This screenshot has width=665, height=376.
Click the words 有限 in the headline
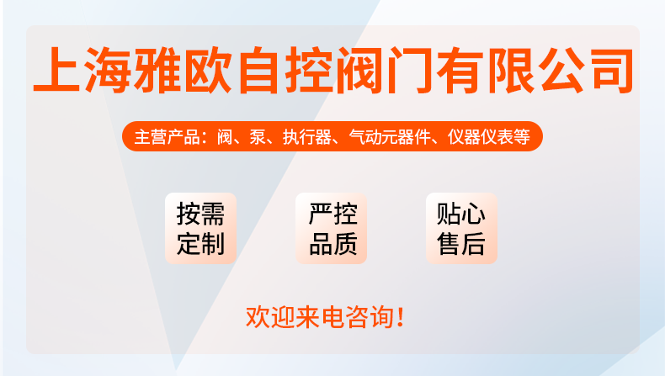485,70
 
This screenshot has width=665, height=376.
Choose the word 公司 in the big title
586,70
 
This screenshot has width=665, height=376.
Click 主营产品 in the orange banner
168,137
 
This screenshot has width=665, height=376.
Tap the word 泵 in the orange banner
258,137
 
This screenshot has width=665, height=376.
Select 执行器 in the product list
307,137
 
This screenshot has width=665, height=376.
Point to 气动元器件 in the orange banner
390,137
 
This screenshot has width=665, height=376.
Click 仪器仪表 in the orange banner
481,137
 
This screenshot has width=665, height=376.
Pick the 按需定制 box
200,229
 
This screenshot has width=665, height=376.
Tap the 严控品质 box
331,229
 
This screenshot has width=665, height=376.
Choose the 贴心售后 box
461,229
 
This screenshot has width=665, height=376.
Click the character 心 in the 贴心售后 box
474,214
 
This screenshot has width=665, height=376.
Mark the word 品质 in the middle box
333,244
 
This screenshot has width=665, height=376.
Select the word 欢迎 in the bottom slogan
270,317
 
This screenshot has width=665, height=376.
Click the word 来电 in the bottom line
320,317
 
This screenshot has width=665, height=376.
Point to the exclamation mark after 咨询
400,317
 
